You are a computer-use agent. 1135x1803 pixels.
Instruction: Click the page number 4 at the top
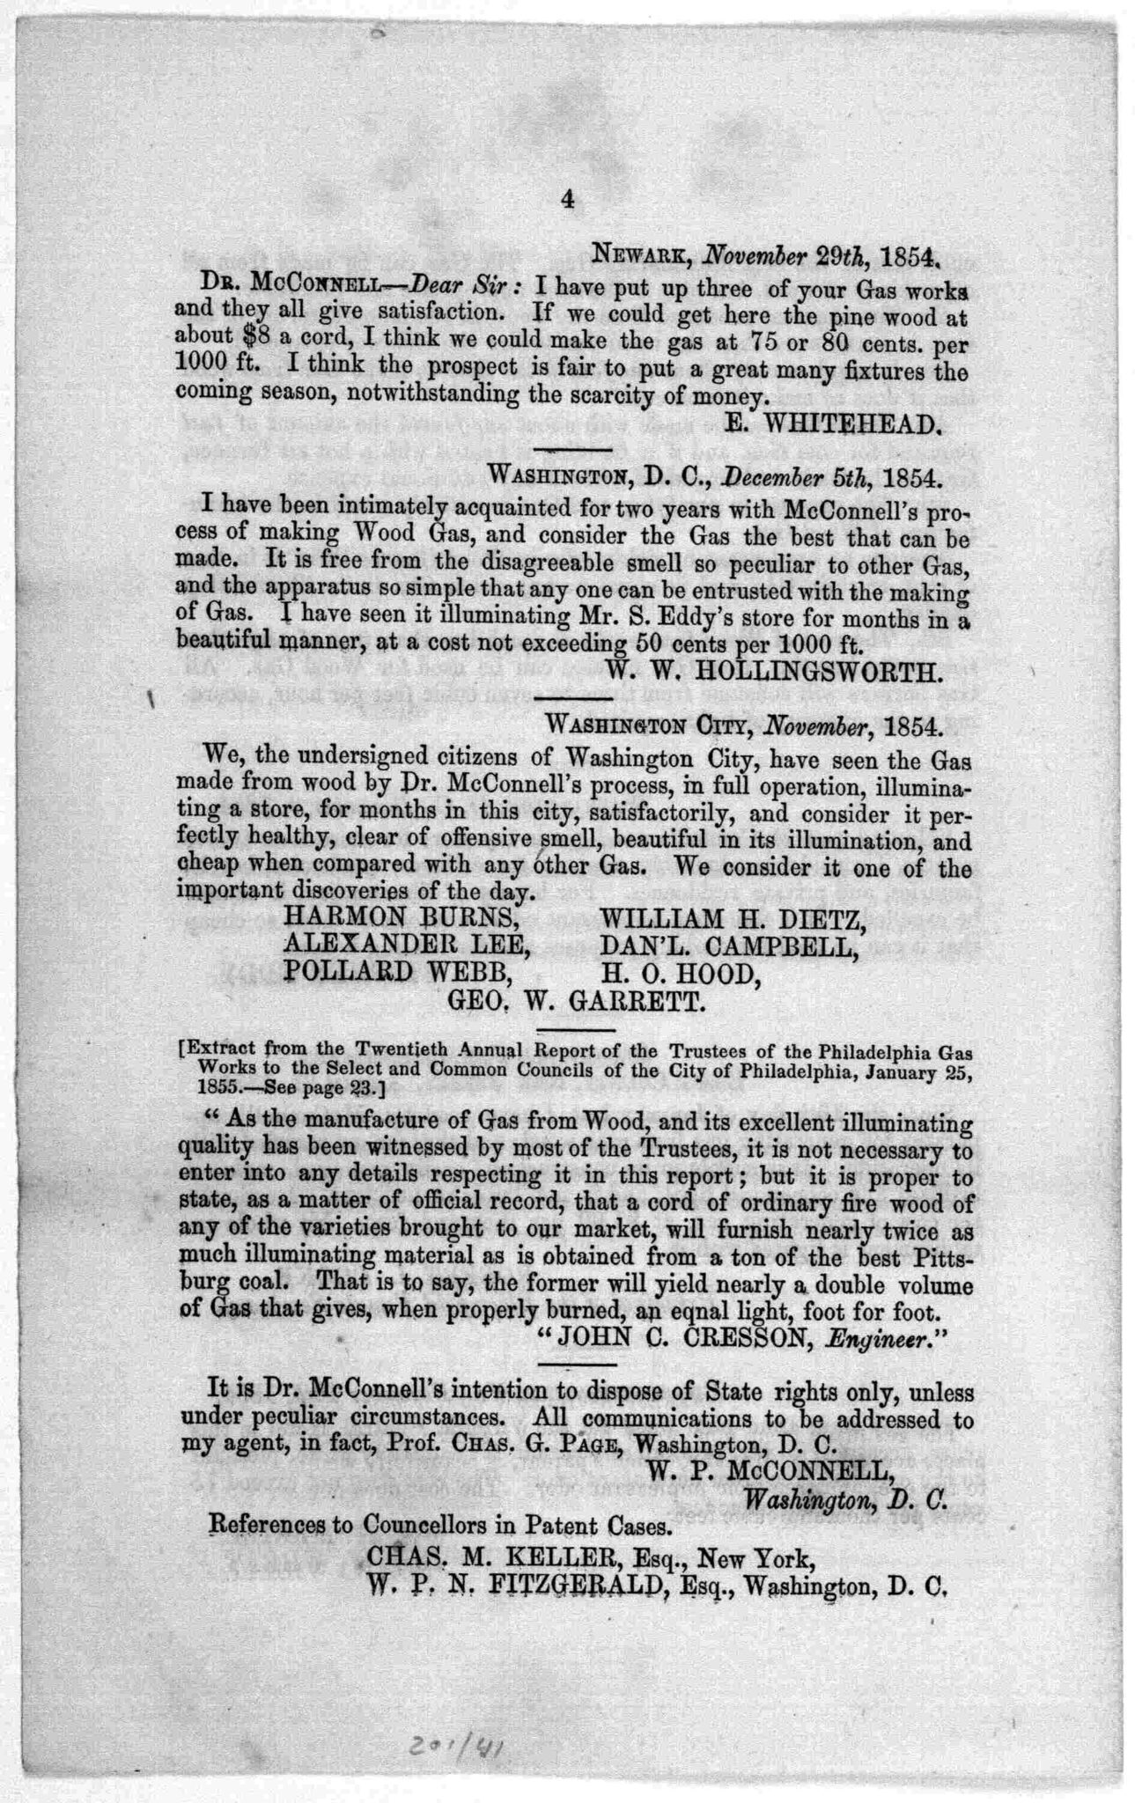click(566, 201)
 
